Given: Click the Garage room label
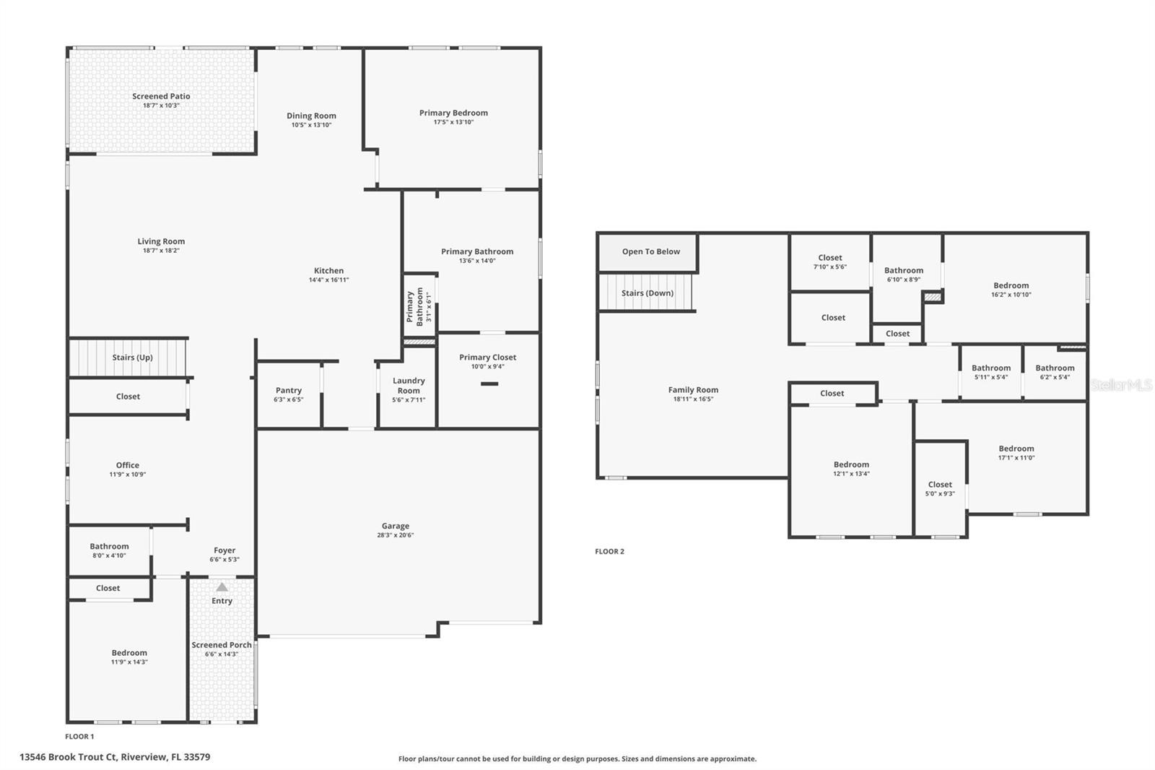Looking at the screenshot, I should (395, 526).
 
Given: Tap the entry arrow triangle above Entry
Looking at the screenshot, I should (222, 587).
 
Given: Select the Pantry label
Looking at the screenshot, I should (288, 390).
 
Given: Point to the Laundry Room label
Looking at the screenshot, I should (409, 385).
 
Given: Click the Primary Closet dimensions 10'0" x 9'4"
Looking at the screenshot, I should (487, 366).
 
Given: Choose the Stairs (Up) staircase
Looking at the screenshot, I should (128, 358).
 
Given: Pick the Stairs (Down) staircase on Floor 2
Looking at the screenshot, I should (647, 293).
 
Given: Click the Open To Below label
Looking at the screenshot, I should (650, 251).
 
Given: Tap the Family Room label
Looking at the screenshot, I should (693, 390).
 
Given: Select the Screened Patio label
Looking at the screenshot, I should (161, 96).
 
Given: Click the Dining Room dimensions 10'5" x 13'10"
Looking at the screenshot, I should (311, 125).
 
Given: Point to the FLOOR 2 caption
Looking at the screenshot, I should (609, 551).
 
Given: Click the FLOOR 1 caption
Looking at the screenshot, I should (79, 737).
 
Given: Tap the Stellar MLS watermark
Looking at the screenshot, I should (1121, 385).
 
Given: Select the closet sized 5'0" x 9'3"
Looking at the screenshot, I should (940, 489).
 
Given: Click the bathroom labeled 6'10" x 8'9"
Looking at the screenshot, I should (904, 274).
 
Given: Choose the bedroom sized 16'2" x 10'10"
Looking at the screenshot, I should (1011, 290).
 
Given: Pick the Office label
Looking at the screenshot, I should (127, 465).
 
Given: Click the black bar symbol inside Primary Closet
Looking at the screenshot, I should (489, 384).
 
